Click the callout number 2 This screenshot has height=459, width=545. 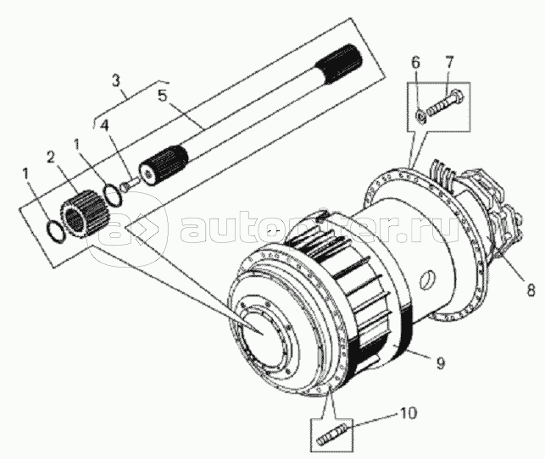(x=51, y=157)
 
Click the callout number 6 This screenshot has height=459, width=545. (x=415, y=64)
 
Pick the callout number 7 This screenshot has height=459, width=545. (x=448, y=64)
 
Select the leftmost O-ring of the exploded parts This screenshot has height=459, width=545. (x=53, y=229)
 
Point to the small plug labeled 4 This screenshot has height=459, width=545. (x=127, y=184)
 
